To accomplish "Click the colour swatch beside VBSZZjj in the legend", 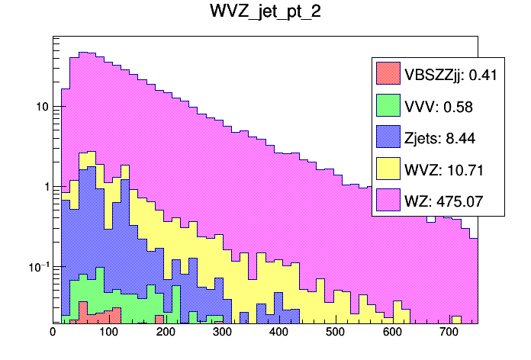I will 388,74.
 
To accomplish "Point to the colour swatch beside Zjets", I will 388,137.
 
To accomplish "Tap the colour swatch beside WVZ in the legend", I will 388,169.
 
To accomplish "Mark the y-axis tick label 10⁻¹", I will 38,266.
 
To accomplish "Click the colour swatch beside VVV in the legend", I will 388,106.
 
